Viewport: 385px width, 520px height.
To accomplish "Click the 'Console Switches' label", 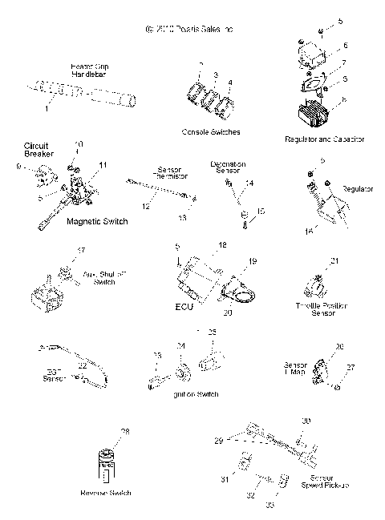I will pyautogui.click(x=212, y=131).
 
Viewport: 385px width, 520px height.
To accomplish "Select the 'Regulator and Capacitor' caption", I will pyautogui.click(x=324, y=139).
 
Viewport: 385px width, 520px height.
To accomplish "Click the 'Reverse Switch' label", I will pyautogui.click(x=106, y=492).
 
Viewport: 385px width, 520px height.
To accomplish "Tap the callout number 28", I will pyautogui.click(x=124, y=432).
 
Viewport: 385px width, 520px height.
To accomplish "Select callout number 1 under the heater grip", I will pyautogui.click(x=46, y=106).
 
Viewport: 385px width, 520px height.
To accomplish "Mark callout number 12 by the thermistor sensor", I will pyautogui.click(x=146, y=207).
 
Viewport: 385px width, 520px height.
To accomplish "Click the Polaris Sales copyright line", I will pyautogui.click(x=192, y=29).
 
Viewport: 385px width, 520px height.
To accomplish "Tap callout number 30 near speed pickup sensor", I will pyautogui.click(x=306, y=421).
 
